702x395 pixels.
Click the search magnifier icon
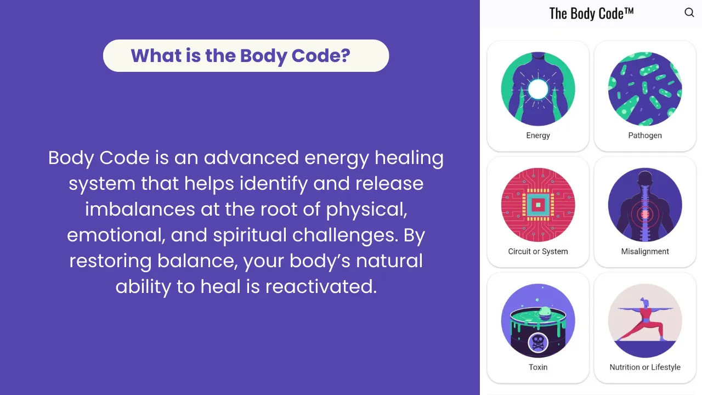coord(689,13)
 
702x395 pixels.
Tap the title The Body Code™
coord(591,14)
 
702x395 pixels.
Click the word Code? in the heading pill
coord(321,56)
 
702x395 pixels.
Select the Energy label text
coord(538,136)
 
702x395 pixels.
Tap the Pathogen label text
coord(645,136)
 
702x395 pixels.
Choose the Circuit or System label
coord(538,251)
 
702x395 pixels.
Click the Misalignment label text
coord(645,251)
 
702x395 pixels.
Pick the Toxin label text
coord(538,367)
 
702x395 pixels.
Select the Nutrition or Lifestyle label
coord(645,367)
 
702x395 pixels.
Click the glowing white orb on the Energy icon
coord(538,89)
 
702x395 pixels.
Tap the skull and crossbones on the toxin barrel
coord(538,343)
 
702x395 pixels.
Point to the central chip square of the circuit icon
coord(538,205)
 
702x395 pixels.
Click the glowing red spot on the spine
coord(645,215)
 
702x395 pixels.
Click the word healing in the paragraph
coord(409,158)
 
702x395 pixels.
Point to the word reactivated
coord(321,286)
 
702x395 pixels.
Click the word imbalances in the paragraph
coord(140,210)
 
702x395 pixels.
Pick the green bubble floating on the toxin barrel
coord(545,313)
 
